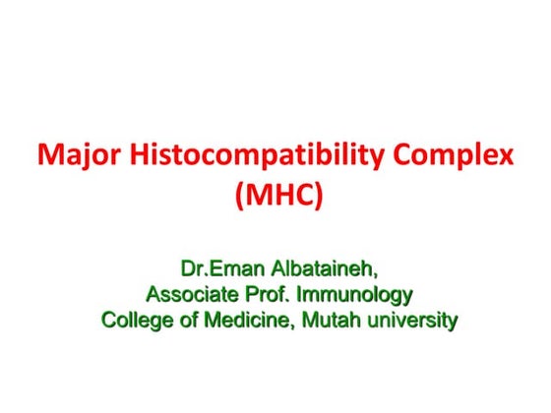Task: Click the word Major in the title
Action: (x=71, y=155)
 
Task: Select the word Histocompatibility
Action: (x=253, y=155)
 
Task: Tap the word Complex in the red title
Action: (x=456, y=155)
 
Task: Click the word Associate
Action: (x=193, y=293)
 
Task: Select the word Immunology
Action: (x=359, y=293)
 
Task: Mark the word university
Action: (x=410, y=319)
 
